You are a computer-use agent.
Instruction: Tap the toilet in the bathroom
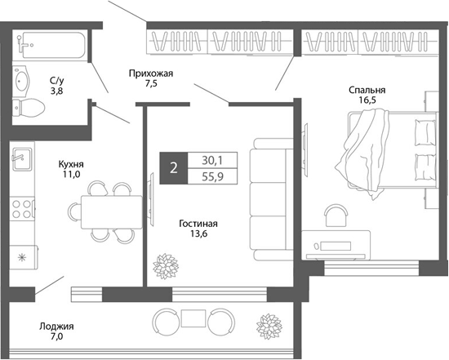(x=27, y=107)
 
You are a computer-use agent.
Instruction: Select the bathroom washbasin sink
(x=22, y=80)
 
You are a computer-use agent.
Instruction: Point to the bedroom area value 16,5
(x=370, y=102)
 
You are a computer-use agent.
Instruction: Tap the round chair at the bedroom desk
(x=336, y=215)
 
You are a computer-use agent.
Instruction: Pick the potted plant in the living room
(x=166, y=266)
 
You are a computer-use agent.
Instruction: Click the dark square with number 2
(x=173, y=168)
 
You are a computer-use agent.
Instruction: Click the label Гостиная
(x=201, y=223)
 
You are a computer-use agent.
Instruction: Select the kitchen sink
(x=21, y=156)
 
